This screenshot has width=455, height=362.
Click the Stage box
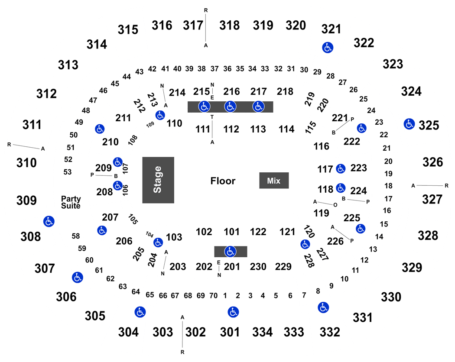[158, 180]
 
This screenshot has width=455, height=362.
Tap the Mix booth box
[274, 181]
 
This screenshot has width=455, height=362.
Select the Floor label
[223, 181]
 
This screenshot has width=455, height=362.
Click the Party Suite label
[71, 203]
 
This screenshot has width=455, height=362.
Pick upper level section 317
[193, 26]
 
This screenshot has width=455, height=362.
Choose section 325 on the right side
[429, 126]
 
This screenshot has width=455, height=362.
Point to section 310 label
[26, 163]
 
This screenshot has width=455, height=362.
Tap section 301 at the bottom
[230, 332]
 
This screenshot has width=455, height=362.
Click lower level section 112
[231, 129]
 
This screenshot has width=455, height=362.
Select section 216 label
[231, 92]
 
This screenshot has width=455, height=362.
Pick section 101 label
[231, 232]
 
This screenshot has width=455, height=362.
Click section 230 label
[258, 267]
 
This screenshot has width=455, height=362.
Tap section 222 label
[352, 142]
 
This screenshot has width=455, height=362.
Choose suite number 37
[214, 69]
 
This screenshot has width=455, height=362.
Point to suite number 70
[214, 296]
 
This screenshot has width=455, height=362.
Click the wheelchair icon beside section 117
[341, 168]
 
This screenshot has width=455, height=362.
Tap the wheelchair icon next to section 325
[409, 124]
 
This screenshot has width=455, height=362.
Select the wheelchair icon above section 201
[231, 252]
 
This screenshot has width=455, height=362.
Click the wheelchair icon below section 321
[328, 47]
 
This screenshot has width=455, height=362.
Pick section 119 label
[321, 213]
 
